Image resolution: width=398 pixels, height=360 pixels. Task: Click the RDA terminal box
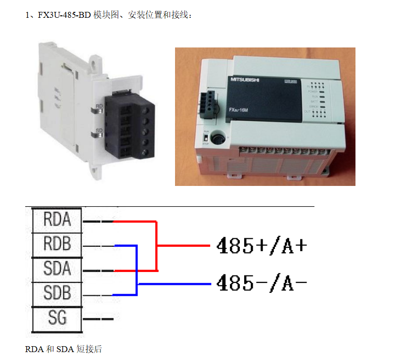57,220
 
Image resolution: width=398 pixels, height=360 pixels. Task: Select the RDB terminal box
57,244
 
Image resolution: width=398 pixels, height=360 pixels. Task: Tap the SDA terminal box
57,269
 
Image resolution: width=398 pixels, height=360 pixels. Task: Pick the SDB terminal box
57,293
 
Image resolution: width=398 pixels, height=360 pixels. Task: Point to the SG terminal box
57,317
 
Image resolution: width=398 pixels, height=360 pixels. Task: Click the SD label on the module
99,132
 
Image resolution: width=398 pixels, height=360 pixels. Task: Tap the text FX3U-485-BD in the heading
63,15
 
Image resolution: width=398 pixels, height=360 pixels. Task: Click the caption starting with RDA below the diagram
63,349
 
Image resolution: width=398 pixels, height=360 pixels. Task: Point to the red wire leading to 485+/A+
183,246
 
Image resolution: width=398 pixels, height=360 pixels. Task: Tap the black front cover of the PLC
267,99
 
